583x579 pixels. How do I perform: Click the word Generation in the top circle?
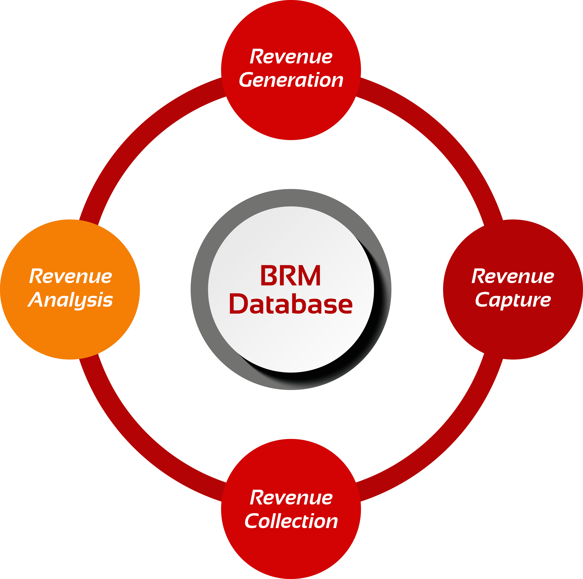(x=291, y=80)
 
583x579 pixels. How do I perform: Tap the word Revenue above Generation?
(x=291, y=57)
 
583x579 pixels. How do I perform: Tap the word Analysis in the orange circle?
(x=70, y=301)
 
